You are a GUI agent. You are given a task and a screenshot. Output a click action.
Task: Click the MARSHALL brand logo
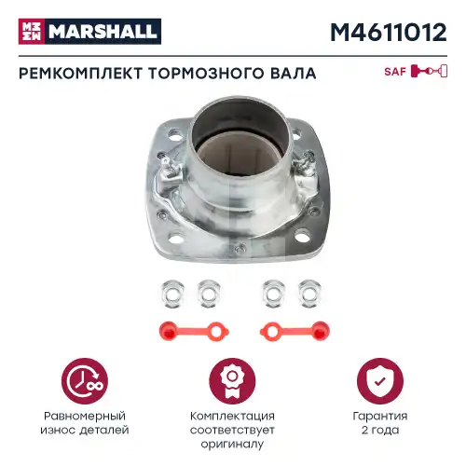point(89,31)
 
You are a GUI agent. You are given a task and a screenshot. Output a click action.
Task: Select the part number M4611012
point(388,32)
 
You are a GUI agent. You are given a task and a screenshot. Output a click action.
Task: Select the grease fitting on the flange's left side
point(169,171)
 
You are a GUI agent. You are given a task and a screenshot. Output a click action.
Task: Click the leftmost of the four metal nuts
point(170,294)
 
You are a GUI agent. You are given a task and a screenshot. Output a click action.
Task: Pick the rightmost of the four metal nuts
point(307,294)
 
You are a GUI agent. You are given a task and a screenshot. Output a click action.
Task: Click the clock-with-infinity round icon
point(85,379)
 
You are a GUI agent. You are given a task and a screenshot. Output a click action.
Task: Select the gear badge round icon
point(233,379)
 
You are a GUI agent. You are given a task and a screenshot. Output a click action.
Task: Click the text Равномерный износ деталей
point(85,422)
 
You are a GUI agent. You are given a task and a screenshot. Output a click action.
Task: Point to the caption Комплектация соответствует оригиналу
point(233,430)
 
